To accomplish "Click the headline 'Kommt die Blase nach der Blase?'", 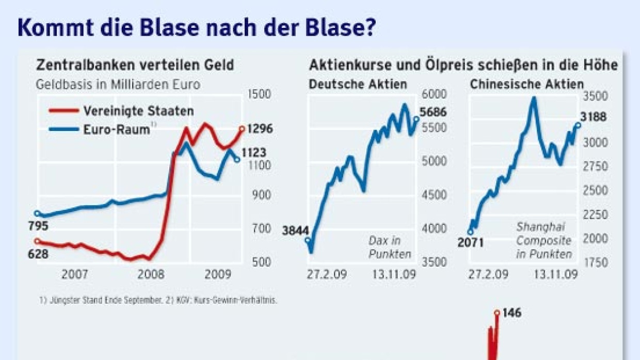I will [196, 28].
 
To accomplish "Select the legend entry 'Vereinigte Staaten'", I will [138, 111].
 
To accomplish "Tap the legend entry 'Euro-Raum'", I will [116, 129].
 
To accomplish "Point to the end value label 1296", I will [260, 129].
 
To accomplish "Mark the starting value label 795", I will [39, 225].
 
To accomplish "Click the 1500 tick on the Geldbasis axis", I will [259, 94].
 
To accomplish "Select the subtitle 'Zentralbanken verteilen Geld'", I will [135, 66].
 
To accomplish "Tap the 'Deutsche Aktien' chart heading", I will [358, 84].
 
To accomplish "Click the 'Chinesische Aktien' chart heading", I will [526, 84].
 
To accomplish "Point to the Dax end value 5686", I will [433, 112].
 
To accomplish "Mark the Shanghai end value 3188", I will [593, 117].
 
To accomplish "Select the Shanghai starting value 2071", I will [470, 241].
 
